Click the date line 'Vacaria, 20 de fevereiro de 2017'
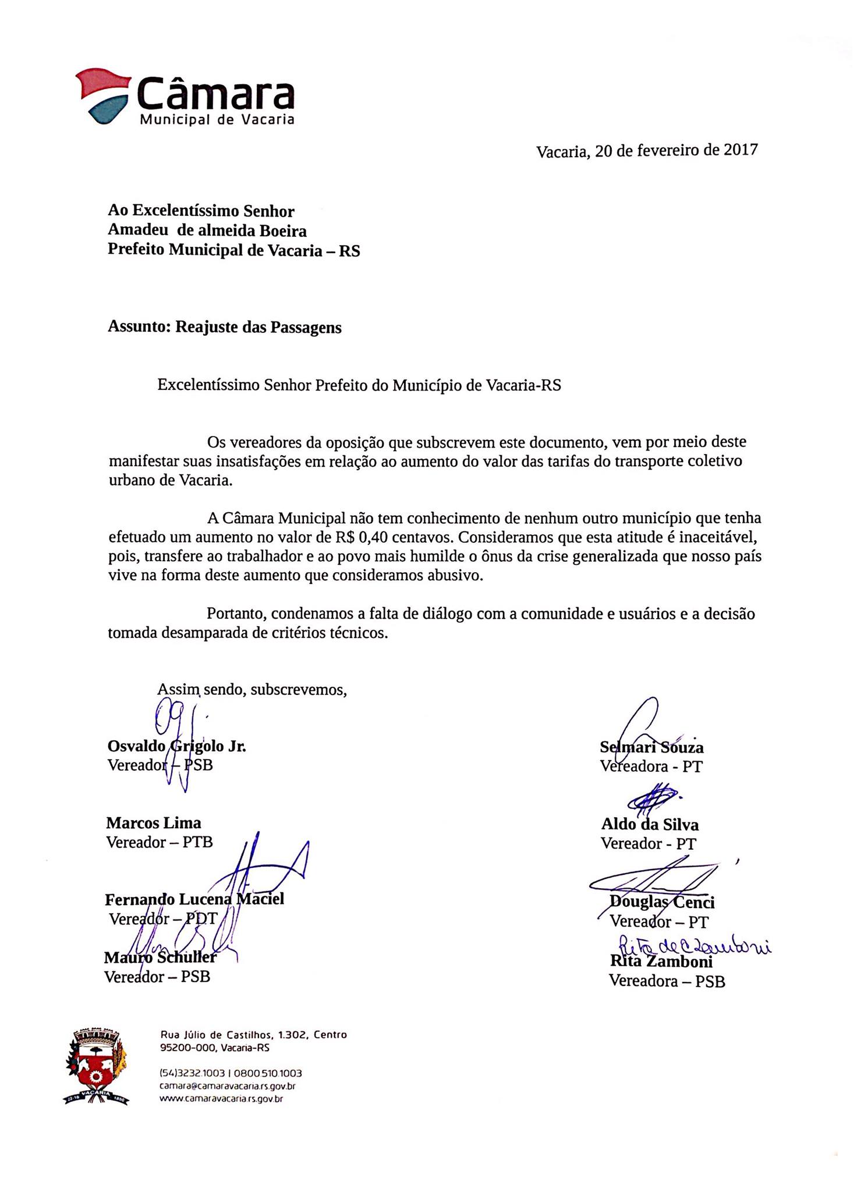click(647, 151)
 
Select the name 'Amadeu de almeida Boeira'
click(207, 231)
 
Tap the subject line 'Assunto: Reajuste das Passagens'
click(225, 327)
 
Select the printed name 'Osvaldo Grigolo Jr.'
click(177, 747)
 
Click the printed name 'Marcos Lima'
click(154, 823)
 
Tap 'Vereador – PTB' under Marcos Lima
click(160, 842)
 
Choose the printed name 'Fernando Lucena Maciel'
click(194, 899)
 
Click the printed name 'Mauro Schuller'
click(160, 957)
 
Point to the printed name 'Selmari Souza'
click(651, 748)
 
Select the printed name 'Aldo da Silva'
click(650, 825)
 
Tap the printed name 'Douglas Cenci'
click(662, 903)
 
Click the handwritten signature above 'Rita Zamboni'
click(693, 945)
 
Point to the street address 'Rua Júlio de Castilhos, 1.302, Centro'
click(253, 1035)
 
